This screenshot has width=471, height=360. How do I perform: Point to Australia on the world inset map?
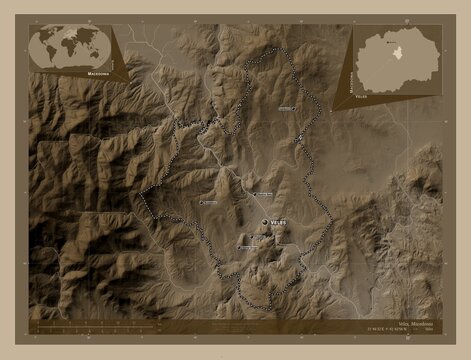click(97, 59)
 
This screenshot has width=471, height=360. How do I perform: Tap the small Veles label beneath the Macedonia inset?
click(361, 98)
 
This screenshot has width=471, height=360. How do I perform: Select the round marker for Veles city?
click(265, 222)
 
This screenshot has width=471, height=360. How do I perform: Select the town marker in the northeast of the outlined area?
click(298, 138)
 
